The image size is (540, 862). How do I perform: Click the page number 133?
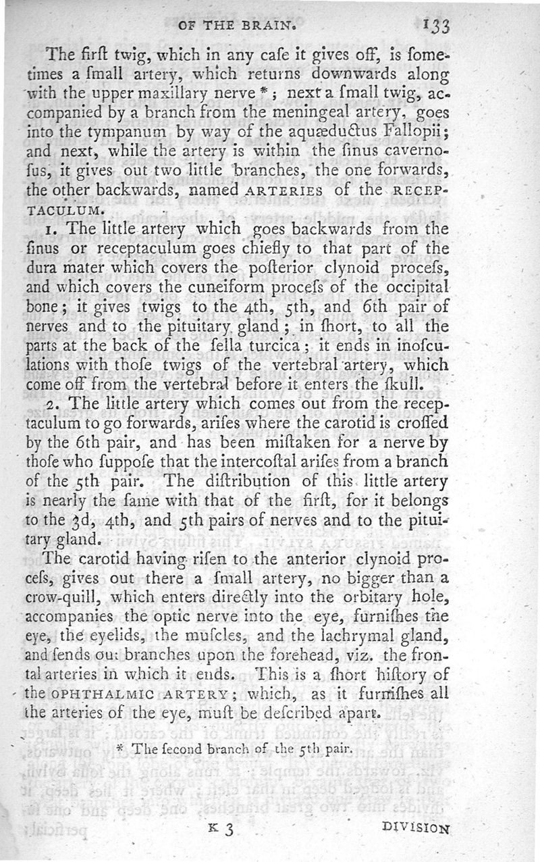tap(437, 27)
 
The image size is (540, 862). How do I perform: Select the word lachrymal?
tap(377, 634)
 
